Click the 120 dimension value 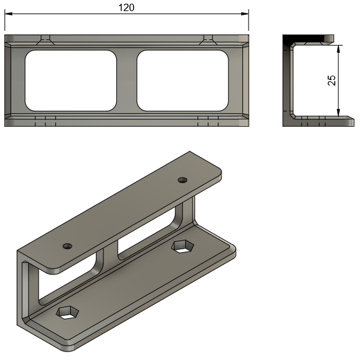point(126,8)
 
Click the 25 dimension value point(332,81)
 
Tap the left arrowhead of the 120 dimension point(8,14)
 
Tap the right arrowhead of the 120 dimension point(245,14)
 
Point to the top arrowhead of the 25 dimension point(338,49)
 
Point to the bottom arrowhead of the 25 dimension point(338,113)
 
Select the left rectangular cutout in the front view point(71,81)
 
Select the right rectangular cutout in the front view point(183,81)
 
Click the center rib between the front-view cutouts point(127,81)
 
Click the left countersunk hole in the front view point(45,40)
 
